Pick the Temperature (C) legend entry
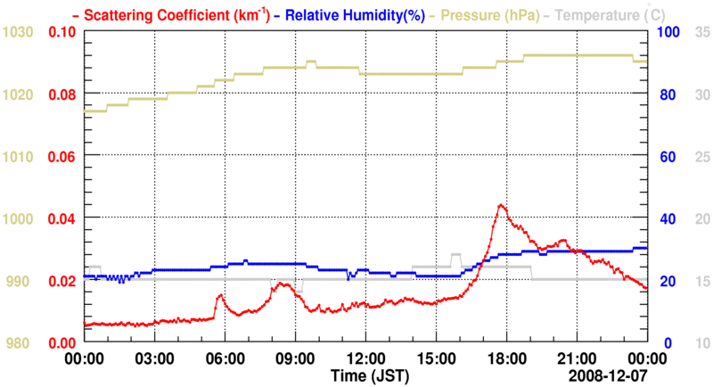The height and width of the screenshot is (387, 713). click(616, 14)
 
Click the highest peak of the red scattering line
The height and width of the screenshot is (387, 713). click(501, 205)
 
